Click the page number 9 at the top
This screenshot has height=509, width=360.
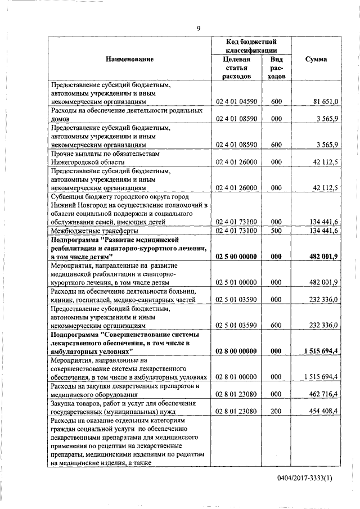click(198, 29)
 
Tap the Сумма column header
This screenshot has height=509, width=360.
click(316, 59)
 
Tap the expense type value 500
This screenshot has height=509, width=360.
click(276, 230)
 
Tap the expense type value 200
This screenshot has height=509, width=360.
click(276, 411)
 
